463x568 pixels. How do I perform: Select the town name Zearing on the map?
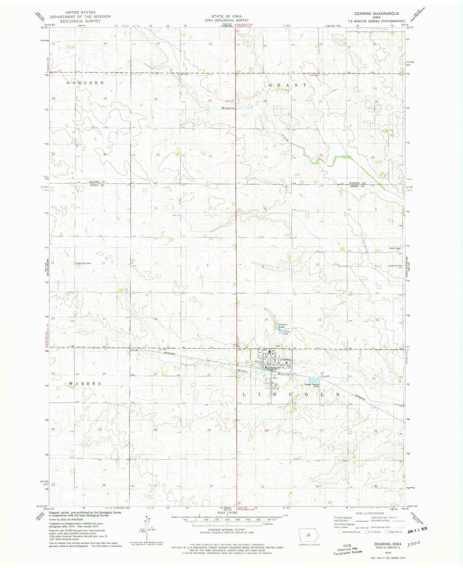pos(285,360)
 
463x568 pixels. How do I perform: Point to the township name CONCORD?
pos(86,83)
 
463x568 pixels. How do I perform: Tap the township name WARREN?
pos(85,383)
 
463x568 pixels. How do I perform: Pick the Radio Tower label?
pos(393,248)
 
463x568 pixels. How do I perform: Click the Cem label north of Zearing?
pos(278,346)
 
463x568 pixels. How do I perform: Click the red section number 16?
pos(266,320)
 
